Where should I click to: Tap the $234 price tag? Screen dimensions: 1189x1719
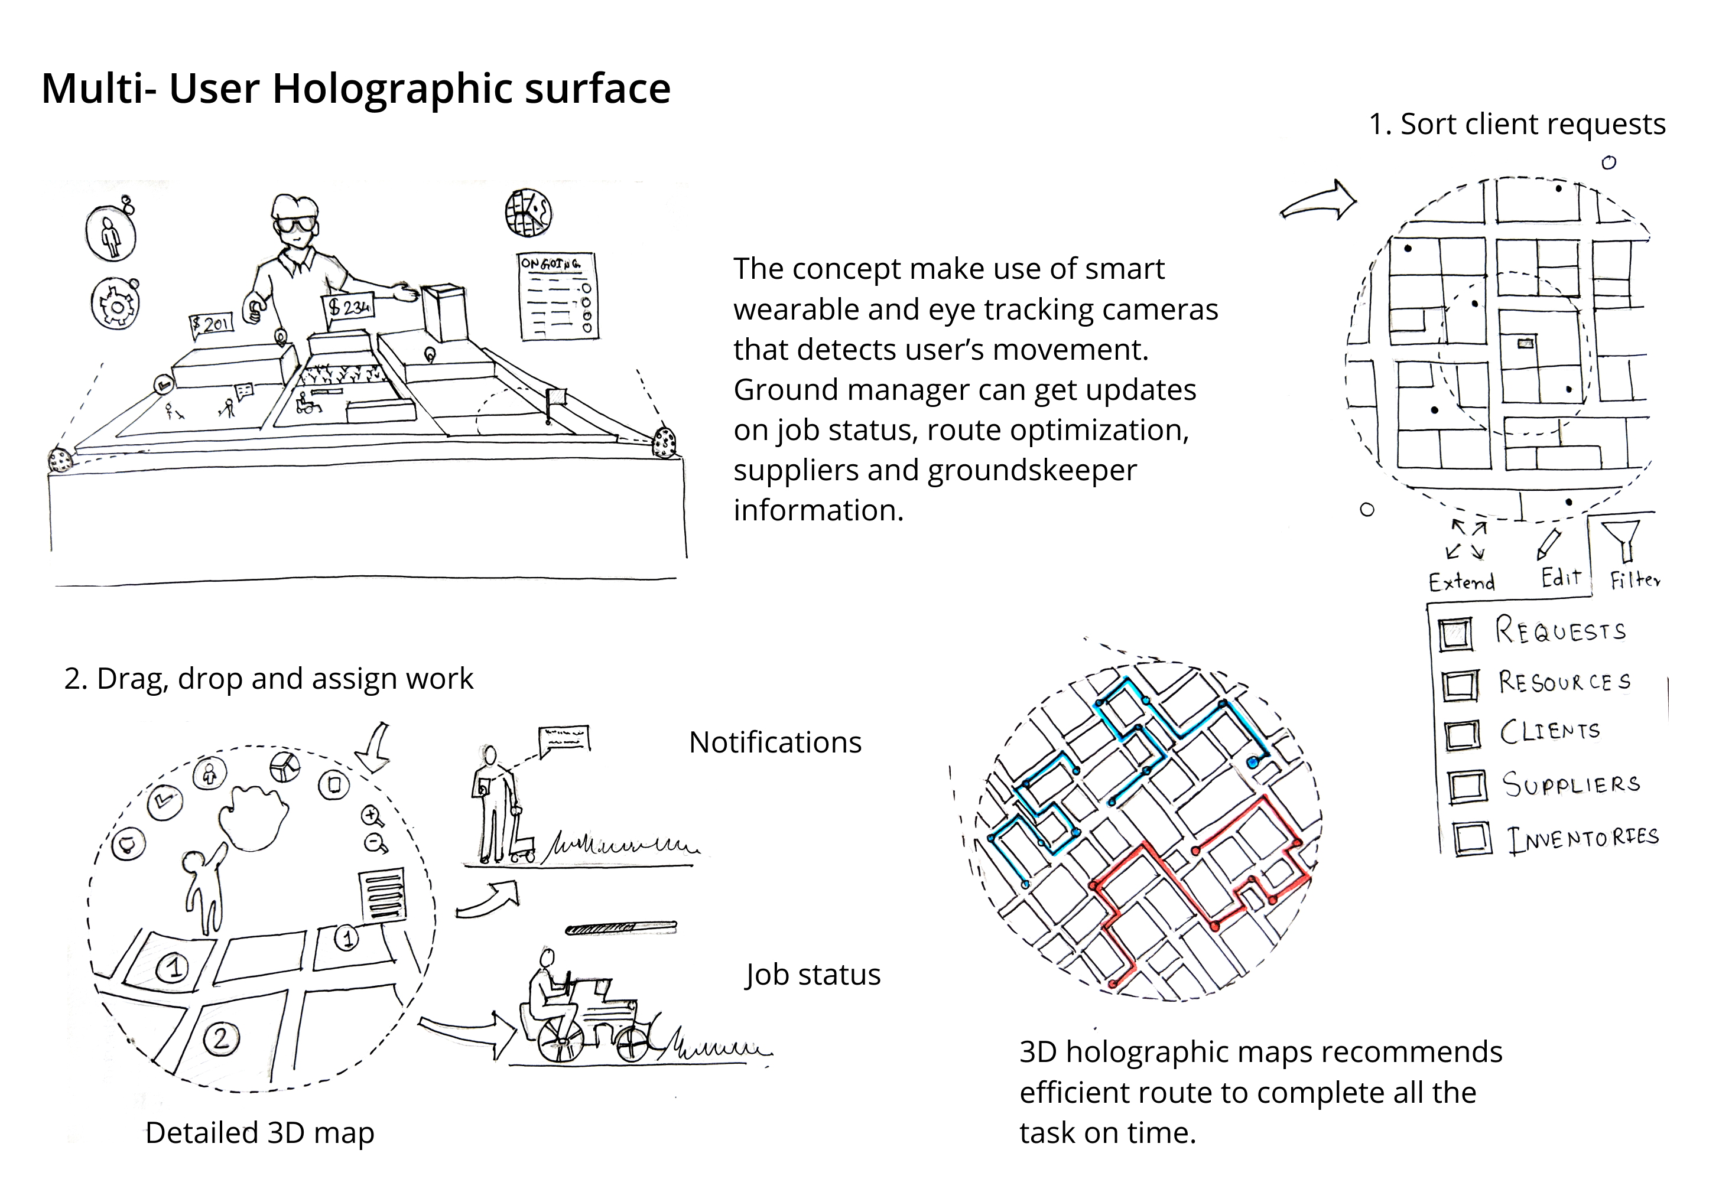point(349,305)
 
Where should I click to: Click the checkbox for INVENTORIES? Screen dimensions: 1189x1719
point(1471,838)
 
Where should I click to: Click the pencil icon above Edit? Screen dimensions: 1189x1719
point(1548,545)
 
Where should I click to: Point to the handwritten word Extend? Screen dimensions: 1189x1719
point(1461,582)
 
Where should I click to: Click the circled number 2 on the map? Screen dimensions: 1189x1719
point(220,1038)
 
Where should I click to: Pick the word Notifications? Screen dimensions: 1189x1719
point(775,742)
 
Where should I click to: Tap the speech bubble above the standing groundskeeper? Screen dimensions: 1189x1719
point(564,740)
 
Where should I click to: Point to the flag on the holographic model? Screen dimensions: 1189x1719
point(556,398)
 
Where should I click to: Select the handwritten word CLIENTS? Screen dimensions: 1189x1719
point(1550,732)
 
